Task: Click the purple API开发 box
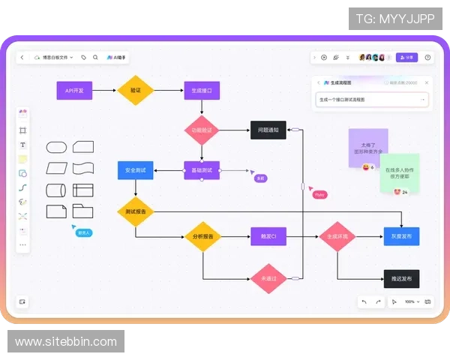74,91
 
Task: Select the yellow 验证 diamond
135,91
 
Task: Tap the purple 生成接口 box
202,91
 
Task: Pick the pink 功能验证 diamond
202,130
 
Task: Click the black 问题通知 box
268,130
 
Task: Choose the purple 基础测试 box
202,170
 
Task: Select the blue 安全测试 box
135,170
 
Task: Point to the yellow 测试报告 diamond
135,211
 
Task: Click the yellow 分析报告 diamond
202,237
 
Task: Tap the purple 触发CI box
268,237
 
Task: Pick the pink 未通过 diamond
268,278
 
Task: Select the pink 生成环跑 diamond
337,237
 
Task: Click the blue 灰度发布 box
401,237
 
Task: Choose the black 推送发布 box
401,278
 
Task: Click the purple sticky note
367,146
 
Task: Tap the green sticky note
399,172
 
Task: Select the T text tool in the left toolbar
22,145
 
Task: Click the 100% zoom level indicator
409,301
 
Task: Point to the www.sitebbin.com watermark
66,342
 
